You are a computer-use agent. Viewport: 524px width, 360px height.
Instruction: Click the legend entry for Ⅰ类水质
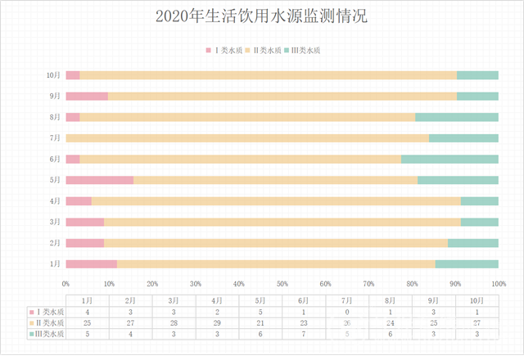coord(224,51)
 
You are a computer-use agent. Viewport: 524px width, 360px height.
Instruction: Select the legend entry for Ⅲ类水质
coord(302,51)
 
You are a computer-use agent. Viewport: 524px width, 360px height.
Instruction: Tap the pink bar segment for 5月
coord(99,180)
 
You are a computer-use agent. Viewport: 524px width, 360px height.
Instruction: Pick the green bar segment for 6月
coord(449,159)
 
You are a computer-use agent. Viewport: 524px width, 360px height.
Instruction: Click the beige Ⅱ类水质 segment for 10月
coord(268,75)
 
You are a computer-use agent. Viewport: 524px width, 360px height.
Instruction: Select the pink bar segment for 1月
coord(91,263)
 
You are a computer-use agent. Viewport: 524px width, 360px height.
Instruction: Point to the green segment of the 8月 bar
coord(457,117)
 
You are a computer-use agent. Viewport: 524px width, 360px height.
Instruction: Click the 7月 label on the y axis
coord(55,138)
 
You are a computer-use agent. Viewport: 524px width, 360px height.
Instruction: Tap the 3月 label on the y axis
coord(55,222)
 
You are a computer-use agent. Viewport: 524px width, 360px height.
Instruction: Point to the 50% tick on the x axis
coord(282,283)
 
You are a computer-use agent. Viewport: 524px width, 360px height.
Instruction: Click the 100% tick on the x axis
coord(498,283)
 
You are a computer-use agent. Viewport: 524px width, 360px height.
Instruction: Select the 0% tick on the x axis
coord(66,283)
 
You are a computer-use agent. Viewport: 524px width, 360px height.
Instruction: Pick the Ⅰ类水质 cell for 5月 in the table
coord(260,313)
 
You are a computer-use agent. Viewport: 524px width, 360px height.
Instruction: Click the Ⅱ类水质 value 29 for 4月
coord(217,323)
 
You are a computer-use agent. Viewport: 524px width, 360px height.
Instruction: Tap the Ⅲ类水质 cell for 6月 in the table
coord(304,334)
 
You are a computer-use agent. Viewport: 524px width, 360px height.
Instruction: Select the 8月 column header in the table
coord(391,301)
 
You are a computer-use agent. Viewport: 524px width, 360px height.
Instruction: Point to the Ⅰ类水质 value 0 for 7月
coord(347,313)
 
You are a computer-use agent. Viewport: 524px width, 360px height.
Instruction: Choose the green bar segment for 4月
coord(479,200)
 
